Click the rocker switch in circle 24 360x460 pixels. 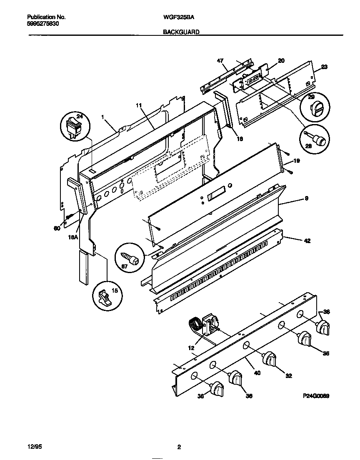tap(75, 126)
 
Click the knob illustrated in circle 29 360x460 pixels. tap(315, 109)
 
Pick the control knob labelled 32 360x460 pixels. tap(271, 358)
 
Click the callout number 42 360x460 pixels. tap(307, 241)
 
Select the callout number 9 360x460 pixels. tap(306, 199)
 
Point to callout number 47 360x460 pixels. tap(220, 61)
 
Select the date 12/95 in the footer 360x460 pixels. tap(33, 448)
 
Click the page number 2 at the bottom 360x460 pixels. tap(179, 448)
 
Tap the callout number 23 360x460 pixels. tap(325, 67)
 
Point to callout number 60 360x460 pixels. tap(57, 228)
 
